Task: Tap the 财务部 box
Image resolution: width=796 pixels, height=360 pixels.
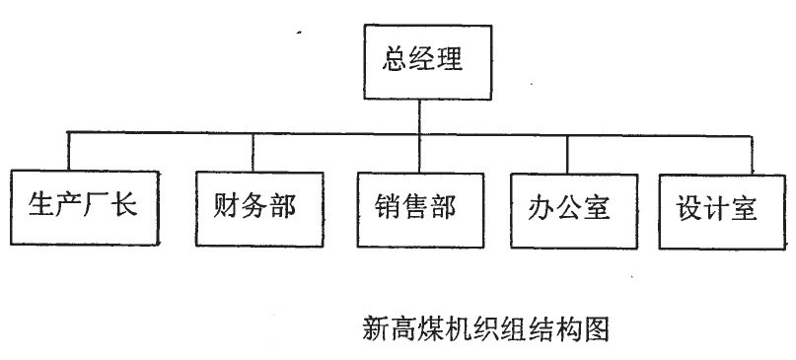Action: [x=253, y=207]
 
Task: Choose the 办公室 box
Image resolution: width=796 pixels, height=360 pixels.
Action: [x=569, y=208]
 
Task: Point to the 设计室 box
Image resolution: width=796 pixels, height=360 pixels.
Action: [x=717, y=209]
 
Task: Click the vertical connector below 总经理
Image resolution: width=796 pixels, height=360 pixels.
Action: [x=420, y=113]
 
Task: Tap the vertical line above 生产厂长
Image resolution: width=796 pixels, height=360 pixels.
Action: [x=68, y=151]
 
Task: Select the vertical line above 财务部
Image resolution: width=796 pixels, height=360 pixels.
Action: [x=253, y=151]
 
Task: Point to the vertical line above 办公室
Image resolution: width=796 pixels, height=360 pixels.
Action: [x=567, y=153]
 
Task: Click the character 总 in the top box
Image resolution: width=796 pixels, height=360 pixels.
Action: [x=395, y=62]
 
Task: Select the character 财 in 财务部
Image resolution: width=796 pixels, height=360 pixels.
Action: [x=226, y=207]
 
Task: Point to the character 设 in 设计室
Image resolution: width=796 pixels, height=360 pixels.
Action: [x=688, y=209]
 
